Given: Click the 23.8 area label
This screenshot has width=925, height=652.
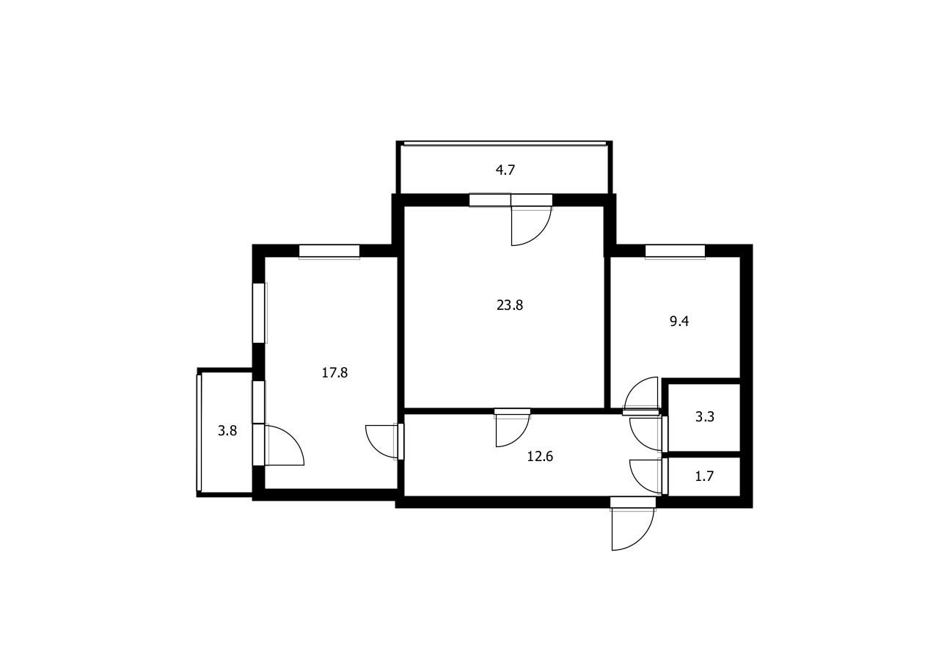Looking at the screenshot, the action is point(510,305).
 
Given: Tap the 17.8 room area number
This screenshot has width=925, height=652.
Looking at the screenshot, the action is point(334,373).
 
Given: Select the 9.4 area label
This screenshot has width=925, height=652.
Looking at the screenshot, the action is point(679,322).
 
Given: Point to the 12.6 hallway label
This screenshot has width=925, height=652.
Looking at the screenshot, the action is point(540,457).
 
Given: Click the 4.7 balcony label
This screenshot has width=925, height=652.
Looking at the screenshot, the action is point(505,170).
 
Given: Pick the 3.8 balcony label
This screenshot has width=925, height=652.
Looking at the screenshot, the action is point(227,431).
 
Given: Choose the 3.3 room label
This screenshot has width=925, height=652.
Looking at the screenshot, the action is point(704,417).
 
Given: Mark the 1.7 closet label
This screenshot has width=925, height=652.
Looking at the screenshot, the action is point(704,477).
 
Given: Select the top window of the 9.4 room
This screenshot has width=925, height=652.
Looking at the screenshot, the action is point(675,252).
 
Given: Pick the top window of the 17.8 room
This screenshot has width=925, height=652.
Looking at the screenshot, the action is point(329,252).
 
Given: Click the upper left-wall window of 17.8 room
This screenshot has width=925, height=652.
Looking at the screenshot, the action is point(260,313).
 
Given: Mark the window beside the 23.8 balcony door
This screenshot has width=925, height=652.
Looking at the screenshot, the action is point(490,200).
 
